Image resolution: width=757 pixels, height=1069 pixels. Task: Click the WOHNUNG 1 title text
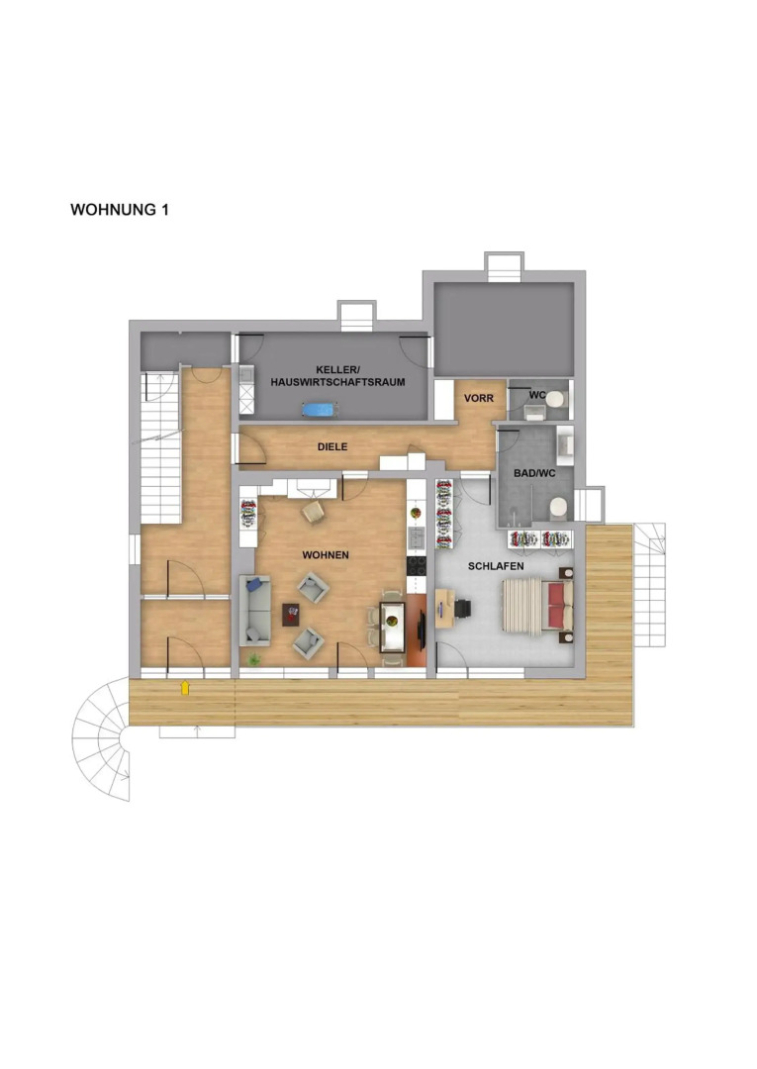point(120,210)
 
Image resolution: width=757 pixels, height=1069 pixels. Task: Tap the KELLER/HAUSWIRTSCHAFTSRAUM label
point(336,375)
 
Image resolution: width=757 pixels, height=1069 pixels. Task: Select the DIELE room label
point(331,446)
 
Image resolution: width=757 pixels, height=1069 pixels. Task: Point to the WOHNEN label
point(325,555)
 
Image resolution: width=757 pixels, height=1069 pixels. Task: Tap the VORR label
point(478,398)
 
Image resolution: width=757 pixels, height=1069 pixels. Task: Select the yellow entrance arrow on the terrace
point(184,687)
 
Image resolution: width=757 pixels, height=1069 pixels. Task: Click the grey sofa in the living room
point(254,611)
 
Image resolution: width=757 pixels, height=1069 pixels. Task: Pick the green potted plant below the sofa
point(254,659)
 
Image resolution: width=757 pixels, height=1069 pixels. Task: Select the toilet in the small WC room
point(555,399)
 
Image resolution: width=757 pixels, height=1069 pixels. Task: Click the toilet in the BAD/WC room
point(558,507)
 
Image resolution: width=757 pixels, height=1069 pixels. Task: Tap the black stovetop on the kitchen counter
point(415,569)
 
